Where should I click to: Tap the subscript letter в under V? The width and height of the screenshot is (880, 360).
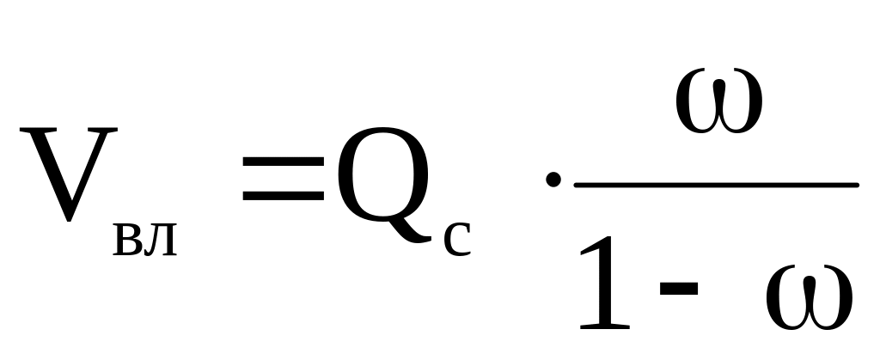(x=129, y=243)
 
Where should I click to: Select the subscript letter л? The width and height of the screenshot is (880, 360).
(x=162, y=243)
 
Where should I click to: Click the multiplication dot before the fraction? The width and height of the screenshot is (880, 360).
(x=554, y=181)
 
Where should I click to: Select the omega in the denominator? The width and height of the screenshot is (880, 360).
(x=809, y=300)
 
